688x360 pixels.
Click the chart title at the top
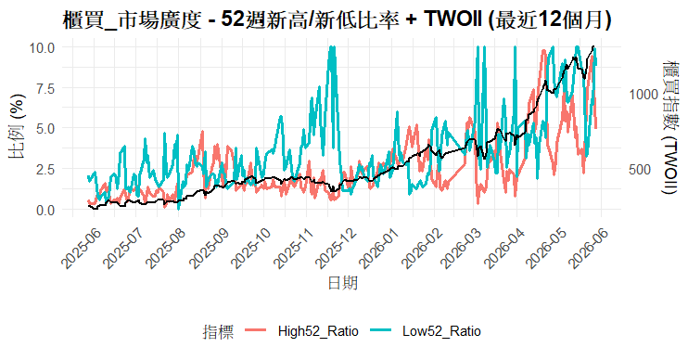pyautogui.click(x=337, y=19)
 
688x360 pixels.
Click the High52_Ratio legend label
pyautogui.click(x=318, y=331)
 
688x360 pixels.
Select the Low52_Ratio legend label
pyautogui.click(x=441, y=331)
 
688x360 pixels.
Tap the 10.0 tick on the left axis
pyautogui.click(x=42, y=47)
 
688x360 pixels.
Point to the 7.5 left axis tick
pyautogui.click(x=45, y=88)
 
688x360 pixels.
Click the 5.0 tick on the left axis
pyautogui.click(x=45, y=129)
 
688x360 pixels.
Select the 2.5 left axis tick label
pyautogui.click(x=45, y=169)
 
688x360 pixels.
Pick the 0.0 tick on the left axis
pyautogui.click(x=45, y=210)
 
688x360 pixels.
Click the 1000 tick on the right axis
pyautogui.click(x=643, y=94)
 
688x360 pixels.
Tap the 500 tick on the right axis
pyautogui.click(x=640, y=170)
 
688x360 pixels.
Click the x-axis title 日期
pyautogui.click(x=343, y=283)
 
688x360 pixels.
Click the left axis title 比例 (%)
pyautogui.click(x=17, y=126)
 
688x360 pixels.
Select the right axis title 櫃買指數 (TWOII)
pyautogui.click(x=670, y=127)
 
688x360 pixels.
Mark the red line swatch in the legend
pyautogui.click(x=256, y=331)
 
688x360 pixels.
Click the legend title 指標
pyautogui.click(x=218, y=331)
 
